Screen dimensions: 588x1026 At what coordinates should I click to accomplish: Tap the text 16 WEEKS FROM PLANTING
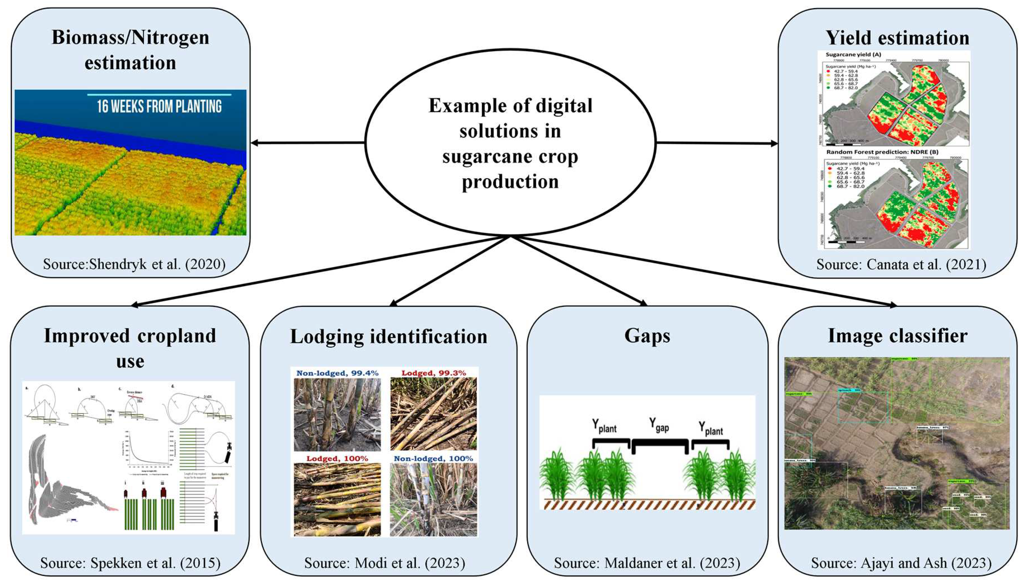click(159, 106)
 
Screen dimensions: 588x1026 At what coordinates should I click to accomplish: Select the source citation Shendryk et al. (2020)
click(134, 264)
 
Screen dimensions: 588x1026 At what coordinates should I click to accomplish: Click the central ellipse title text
click(510, 143)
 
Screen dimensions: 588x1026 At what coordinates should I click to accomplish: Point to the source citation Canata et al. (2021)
click(901, 264)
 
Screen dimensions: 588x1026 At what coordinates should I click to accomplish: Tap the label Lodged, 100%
click(337, 459)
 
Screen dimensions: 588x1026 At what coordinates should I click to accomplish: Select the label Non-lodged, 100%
click(433, 459)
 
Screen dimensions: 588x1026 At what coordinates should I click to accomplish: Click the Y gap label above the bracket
click(659, 425)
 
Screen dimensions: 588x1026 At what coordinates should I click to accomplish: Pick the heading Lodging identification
click(389, 337)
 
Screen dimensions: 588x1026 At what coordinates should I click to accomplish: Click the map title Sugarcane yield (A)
click(853, 54)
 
